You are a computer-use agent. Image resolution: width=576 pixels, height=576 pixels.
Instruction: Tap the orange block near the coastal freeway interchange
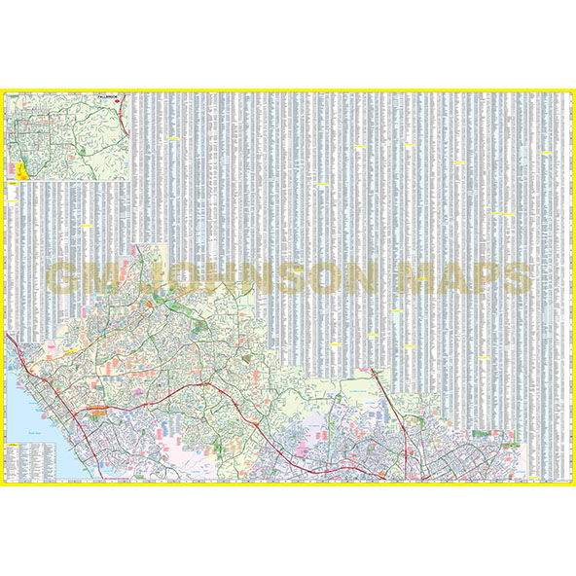tap(98, 413)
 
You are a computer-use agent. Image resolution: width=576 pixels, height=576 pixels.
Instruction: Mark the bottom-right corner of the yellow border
tap(572, 484)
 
